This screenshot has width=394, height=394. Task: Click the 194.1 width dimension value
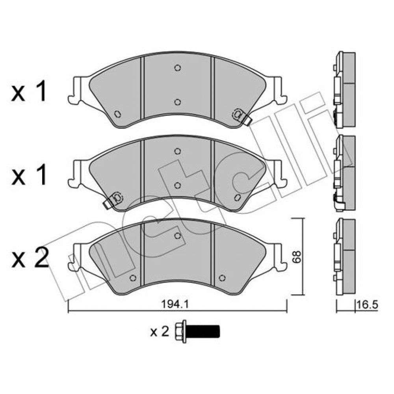175,305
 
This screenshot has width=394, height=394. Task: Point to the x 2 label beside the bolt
160,332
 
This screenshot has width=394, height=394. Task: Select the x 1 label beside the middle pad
29,175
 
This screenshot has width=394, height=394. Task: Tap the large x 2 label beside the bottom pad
30,258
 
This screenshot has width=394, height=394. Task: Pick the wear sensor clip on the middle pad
113,199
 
